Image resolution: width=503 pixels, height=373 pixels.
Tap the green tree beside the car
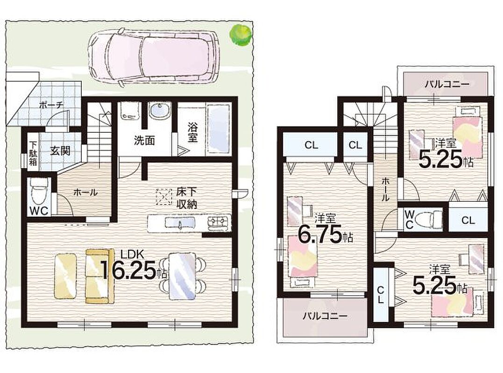click(x=240, y=35)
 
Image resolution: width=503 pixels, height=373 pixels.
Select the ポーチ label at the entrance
click(x=51, y=105)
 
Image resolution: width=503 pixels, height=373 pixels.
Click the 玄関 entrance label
click(x=60, y=151)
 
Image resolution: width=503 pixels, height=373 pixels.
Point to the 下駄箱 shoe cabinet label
click(x=33, y=153)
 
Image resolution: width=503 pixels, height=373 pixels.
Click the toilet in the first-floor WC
click(x=39, y=192)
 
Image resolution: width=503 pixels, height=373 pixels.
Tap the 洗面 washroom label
click(x=144, y=140)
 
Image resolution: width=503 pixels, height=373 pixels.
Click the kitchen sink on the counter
click(x=180, y=222)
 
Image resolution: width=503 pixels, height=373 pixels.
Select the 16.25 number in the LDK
click(x=128, y=270)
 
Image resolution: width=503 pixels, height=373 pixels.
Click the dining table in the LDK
click(x=182, y=276)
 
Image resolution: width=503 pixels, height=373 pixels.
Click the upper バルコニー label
click(x=447, y=84)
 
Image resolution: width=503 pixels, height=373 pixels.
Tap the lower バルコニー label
click(x=325, y=316)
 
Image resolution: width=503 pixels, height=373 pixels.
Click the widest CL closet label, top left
click(x=311, y=145)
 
